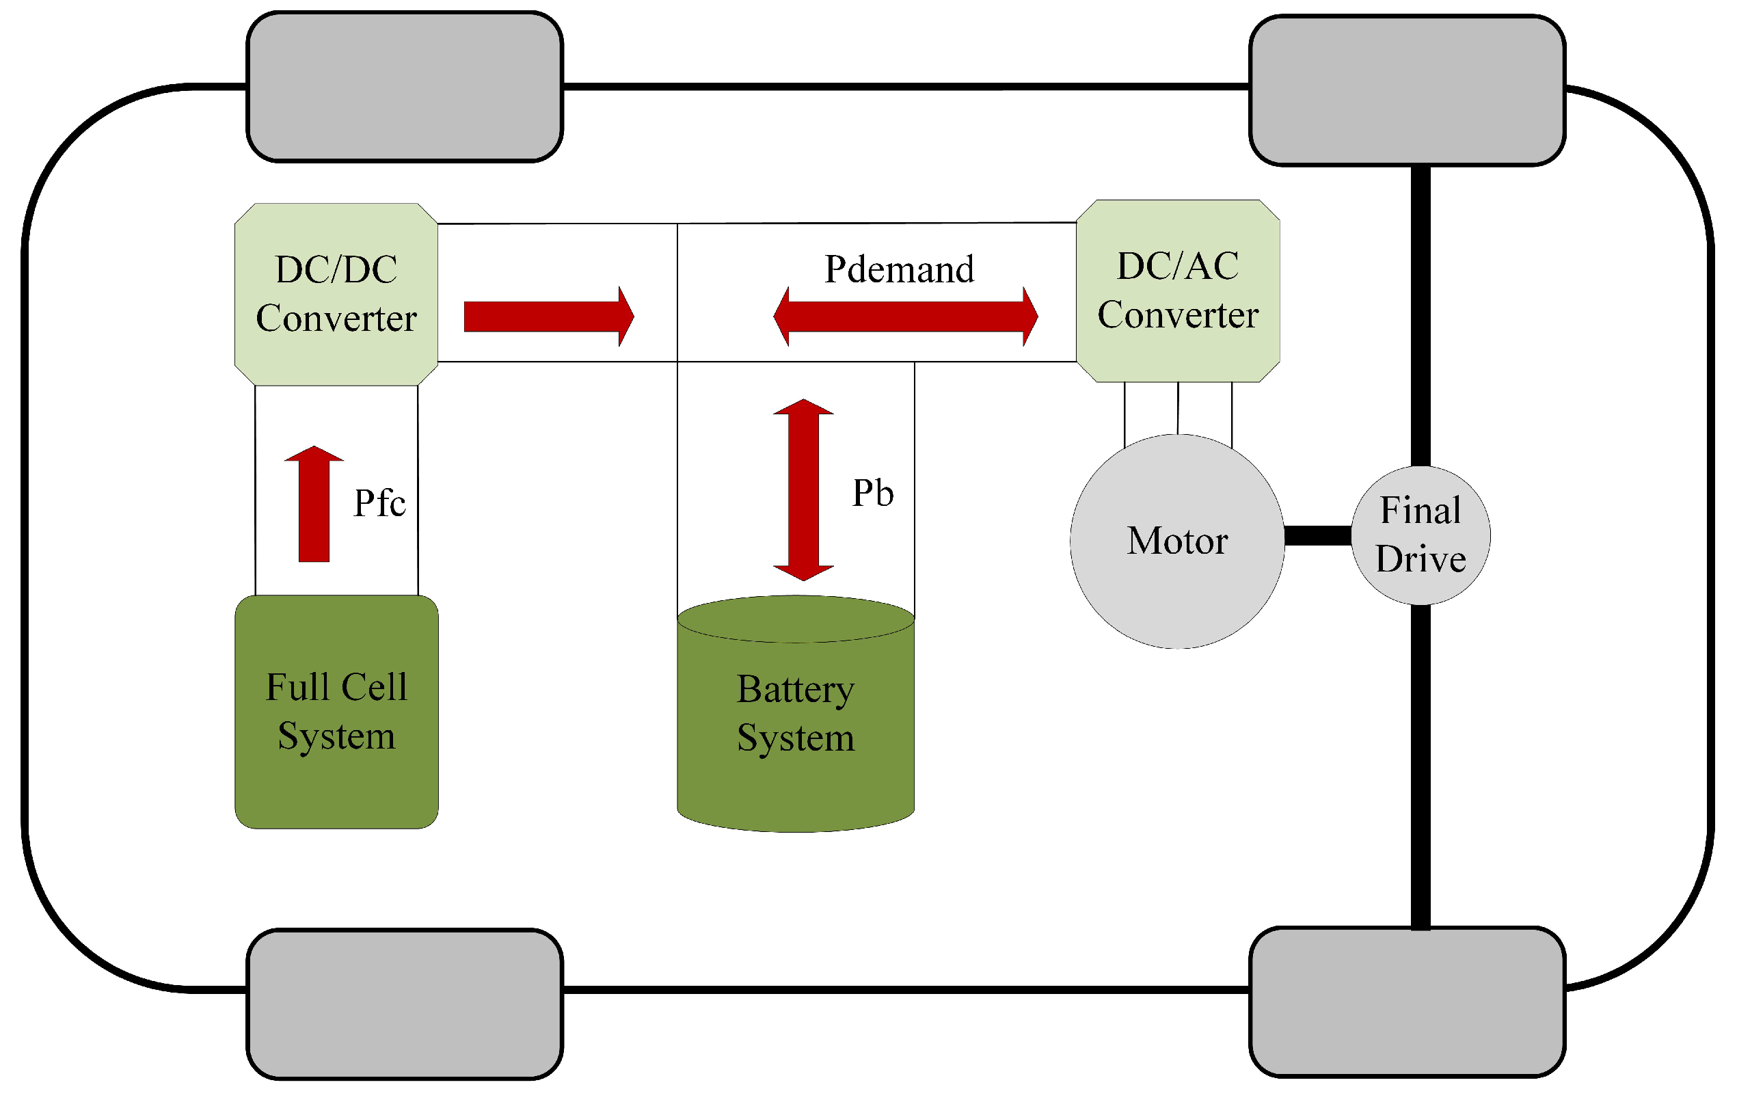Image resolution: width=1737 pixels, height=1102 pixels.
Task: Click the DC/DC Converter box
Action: pos(336,294)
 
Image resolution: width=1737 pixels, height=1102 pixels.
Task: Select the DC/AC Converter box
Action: pos(1177,291)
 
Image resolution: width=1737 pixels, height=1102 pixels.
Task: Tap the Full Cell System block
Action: pos(336,711)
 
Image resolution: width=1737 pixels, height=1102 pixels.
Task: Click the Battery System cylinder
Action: pos(796,721)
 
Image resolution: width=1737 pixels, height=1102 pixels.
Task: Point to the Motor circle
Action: pos(1176,541)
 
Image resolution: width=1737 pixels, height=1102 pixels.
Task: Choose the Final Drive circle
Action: pos(1420,535)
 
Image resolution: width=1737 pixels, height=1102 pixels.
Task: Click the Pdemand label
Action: pos(899,269)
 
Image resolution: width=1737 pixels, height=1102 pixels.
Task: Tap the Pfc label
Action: pos(379,502)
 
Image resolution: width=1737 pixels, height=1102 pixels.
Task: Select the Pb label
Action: pos(873,493)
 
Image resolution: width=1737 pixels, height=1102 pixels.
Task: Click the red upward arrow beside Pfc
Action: pos(314,505)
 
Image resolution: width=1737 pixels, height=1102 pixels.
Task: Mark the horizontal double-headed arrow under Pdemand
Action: pos(905,317)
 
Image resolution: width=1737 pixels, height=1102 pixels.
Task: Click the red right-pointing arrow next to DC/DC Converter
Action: pos(548,317)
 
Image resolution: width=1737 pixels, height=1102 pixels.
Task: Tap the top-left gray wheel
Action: pos(405,87)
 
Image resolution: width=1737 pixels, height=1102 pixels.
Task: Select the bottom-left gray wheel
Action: pos(405,1004)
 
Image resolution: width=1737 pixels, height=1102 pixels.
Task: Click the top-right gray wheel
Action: pos(1407,90)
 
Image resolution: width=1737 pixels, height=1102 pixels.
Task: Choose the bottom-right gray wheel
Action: pos(1407,1002)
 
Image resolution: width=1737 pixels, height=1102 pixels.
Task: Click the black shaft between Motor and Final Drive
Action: pos(1317,535)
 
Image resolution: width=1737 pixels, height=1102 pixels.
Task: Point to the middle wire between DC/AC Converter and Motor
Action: pos(1178,408)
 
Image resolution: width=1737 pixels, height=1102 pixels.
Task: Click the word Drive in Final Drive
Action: pos(1420,559)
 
